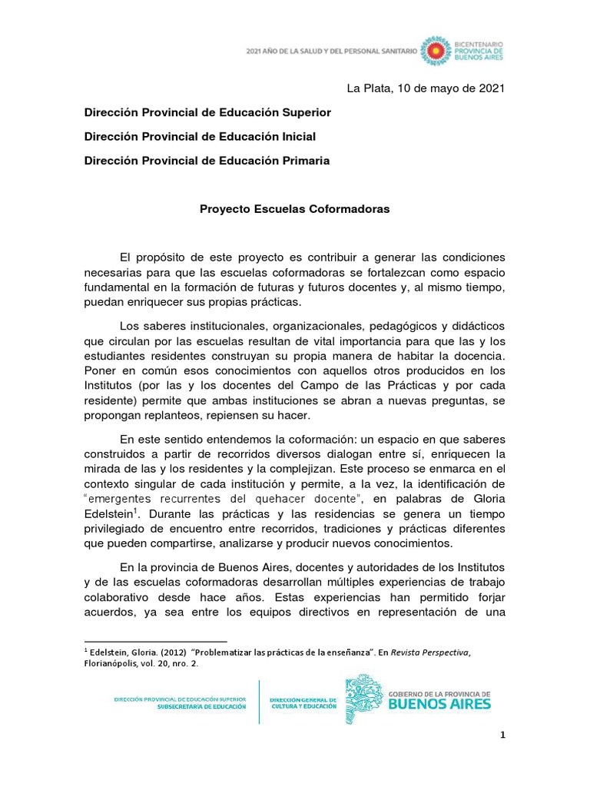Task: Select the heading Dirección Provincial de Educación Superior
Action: pyautogui.click(x=207, y=112)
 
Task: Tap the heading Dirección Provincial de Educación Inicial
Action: pyautogui.click(x=200, y=136)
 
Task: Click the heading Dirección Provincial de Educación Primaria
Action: pyautogui.click(x=207, y=161)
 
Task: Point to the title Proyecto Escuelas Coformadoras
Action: pyautogui.click(x=295, y=209)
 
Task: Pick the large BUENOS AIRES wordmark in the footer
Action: pyautogui.click(x=441, y=702)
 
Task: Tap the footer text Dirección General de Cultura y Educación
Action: pyautogui.click(x=303, y=702)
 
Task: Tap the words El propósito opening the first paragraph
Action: pyautogui.click(x=153, y=256)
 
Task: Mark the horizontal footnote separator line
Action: pyautogui.click(x=155, y=640)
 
